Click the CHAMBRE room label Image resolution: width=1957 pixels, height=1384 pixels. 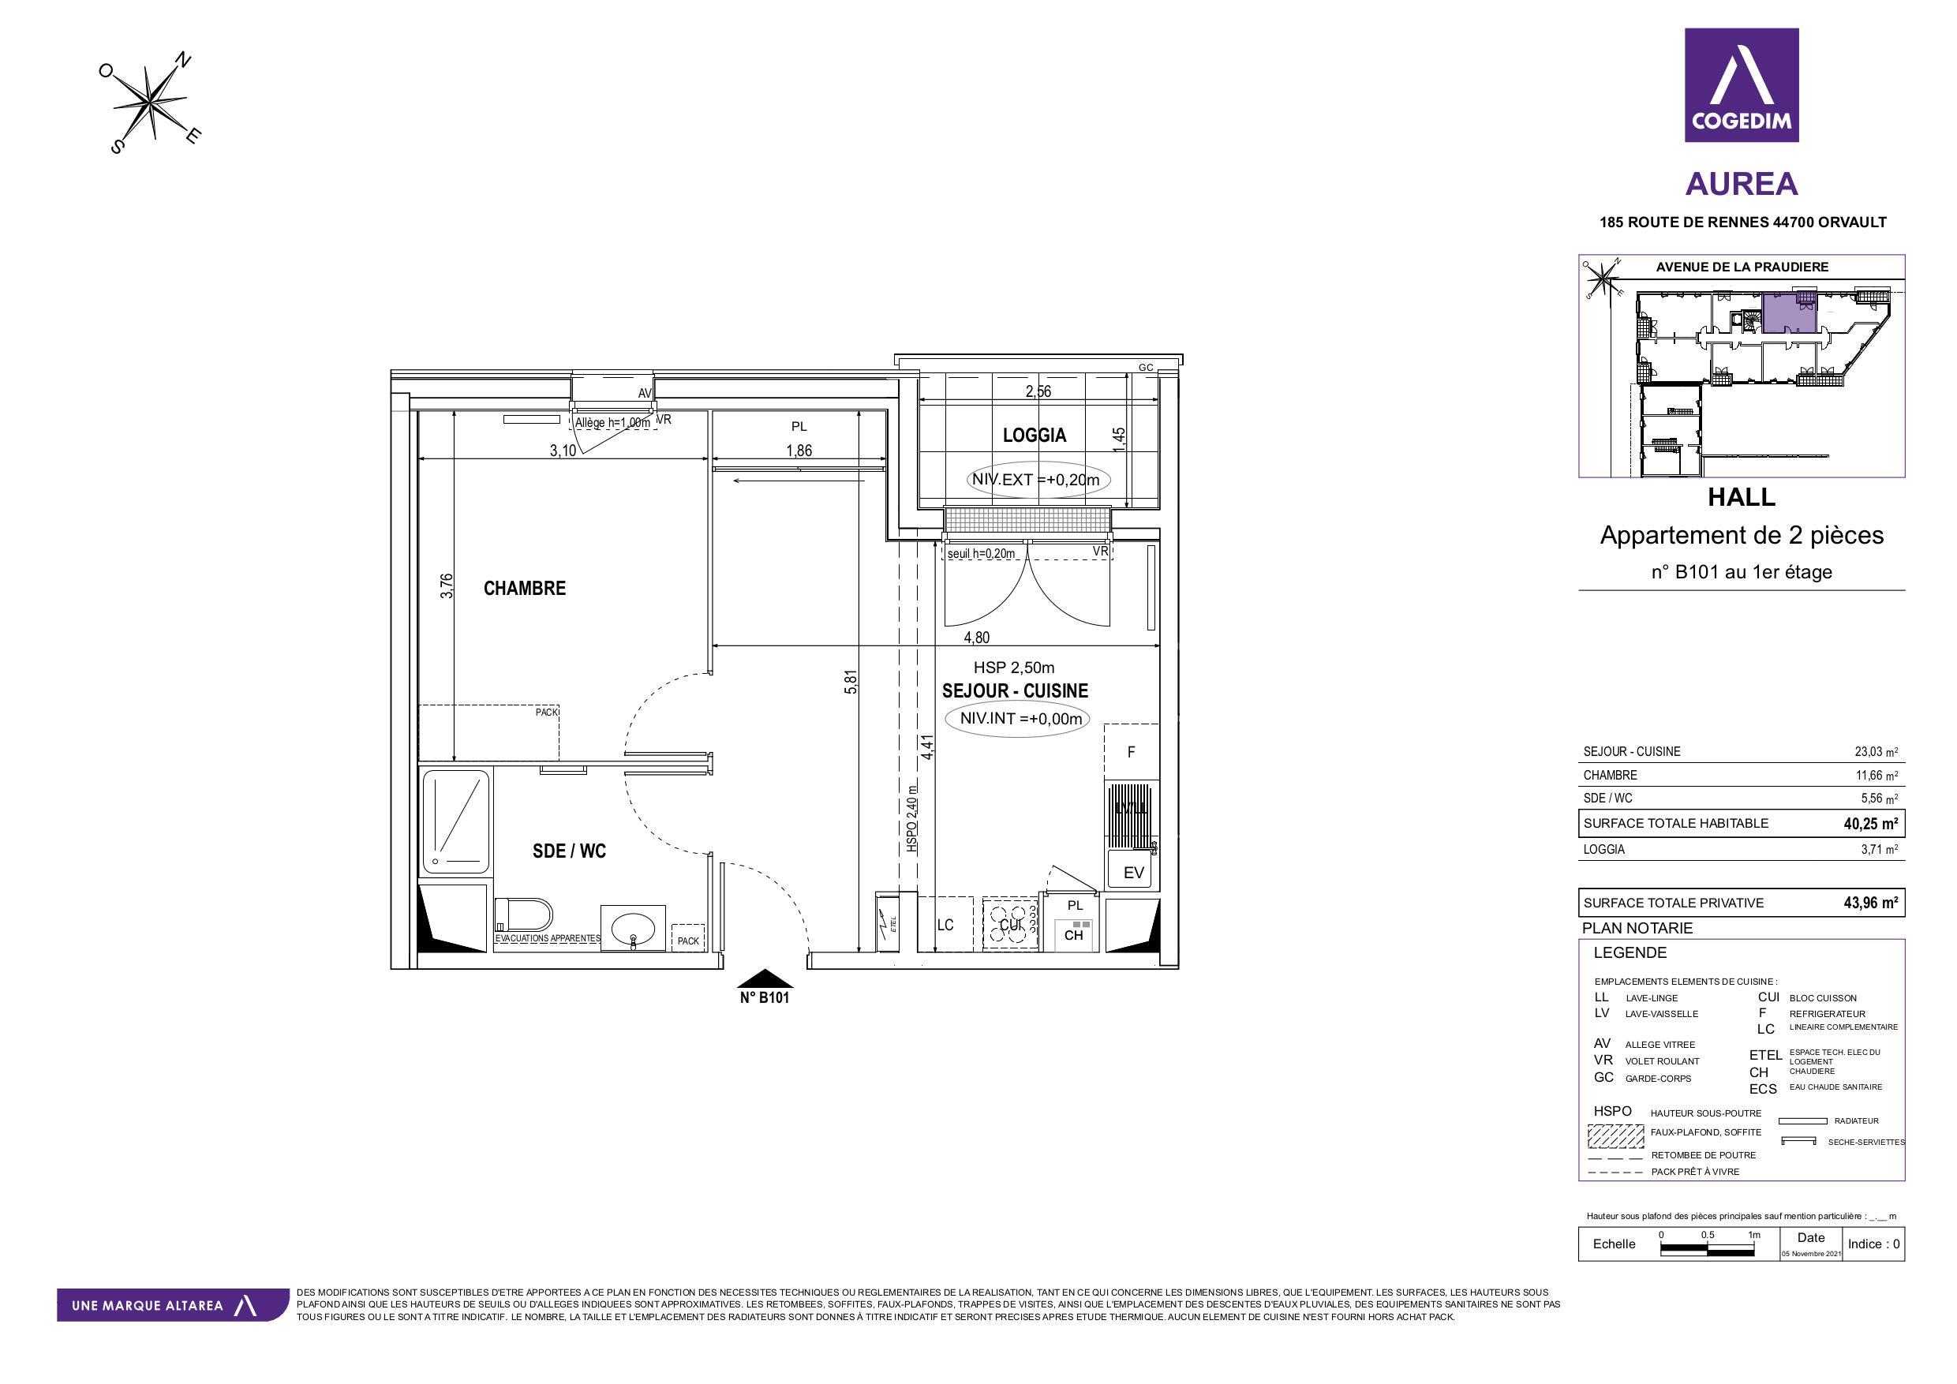point(524,588)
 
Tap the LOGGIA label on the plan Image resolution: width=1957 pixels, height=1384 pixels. point(1034,436)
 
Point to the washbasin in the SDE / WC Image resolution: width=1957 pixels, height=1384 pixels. point(632,928)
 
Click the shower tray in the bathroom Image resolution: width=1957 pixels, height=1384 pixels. point(456,821)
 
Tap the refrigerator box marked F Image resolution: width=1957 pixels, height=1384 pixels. point(1131,752)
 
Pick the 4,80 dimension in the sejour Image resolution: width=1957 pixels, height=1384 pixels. point(976,638)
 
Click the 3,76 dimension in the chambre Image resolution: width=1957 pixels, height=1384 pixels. point(447,585)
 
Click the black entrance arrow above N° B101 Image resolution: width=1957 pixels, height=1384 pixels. point(764,978)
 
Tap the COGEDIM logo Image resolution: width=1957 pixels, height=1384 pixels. point(1742,85)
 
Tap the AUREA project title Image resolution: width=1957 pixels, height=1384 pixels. point(1742,184)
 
